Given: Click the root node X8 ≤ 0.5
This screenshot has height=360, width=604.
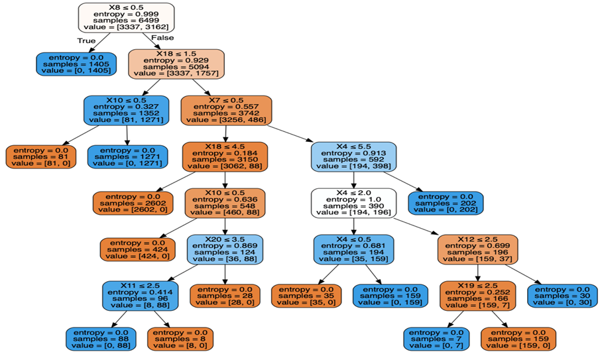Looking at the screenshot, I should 126,17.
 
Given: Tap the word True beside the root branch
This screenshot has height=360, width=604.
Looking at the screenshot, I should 87,40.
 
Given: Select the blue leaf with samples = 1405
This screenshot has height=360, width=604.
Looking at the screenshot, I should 76,64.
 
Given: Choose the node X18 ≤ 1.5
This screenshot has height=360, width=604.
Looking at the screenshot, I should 176,64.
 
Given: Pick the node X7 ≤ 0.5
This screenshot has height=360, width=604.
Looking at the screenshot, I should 227,110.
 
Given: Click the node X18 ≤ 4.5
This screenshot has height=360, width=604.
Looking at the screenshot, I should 225,157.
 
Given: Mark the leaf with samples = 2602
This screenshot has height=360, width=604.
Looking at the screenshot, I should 133,203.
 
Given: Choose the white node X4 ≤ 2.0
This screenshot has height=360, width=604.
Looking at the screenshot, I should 353,203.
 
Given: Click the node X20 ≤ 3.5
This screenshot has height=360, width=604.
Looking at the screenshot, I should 225,249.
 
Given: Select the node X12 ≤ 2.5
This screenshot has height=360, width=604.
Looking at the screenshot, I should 477,249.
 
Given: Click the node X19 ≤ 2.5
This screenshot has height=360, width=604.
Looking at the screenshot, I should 477,296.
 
